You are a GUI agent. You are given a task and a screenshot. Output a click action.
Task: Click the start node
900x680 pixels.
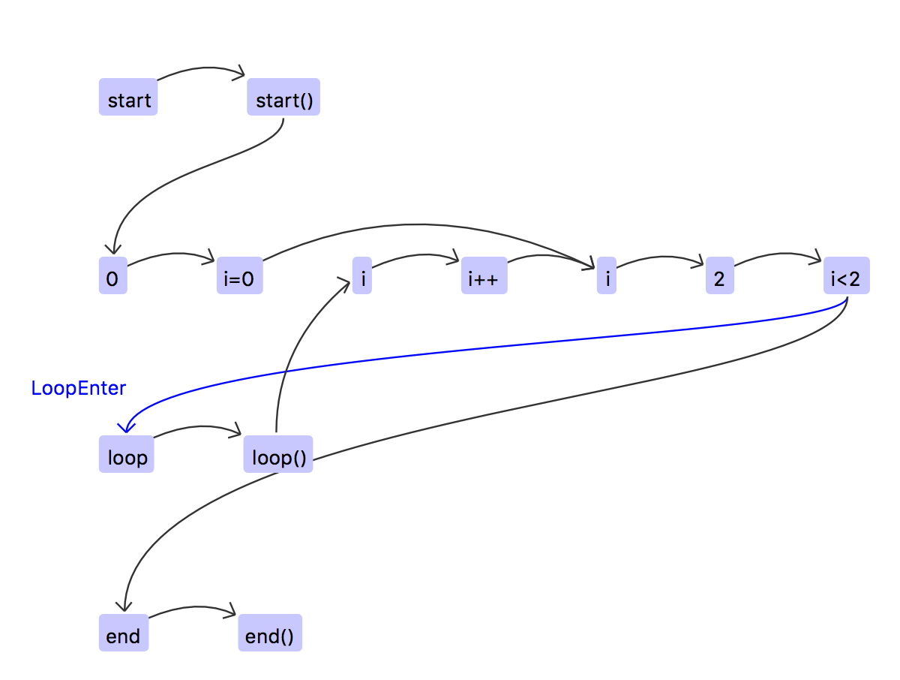pos(128,98)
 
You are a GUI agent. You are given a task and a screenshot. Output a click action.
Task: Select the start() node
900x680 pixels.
pos(283,98)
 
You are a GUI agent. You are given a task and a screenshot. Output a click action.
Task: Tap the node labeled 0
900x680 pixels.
pos(112,276)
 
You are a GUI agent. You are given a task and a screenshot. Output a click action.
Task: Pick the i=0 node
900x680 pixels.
pos(239,276)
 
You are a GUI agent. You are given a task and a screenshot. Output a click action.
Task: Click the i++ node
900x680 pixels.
pos(484,276)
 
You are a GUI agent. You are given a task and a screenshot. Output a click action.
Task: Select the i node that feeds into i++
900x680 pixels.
pos(362,276)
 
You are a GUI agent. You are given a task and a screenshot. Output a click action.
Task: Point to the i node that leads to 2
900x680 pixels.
pos(607,276)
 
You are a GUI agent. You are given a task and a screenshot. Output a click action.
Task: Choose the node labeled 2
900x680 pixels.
pos(719,276)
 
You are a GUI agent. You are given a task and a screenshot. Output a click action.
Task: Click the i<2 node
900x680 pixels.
pos(846,276)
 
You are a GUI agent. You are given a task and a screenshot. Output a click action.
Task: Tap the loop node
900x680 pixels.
pos(126,455)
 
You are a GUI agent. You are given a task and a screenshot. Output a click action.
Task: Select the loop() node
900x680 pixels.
pos(278,455)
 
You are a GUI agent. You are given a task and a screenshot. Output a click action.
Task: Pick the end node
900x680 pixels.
pos(124,633)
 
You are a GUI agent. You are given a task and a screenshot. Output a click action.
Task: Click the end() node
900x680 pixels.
pos(270,633)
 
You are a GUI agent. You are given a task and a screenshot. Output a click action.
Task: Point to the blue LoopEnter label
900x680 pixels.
pos(79,388)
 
